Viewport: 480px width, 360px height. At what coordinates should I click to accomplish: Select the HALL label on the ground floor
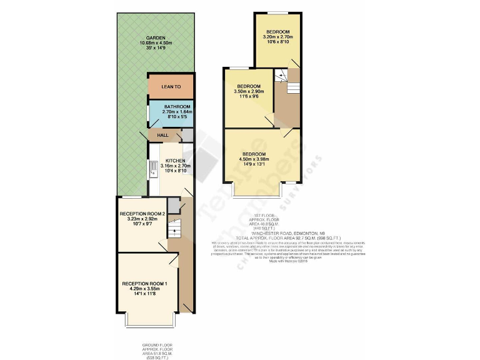162,135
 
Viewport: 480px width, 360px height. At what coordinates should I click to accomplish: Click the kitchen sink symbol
152,168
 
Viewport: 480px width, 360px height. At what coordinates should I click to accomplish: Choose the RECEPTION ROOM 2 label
142,214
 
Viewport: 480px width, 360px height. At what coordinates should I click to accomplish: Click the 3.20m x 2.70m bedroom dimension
277,37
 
